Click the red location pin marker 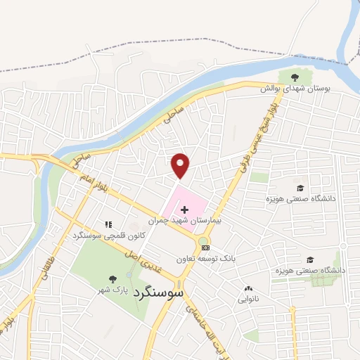pyautogui.click(x=181, y=165)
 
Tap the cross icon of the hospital pyautogui.click(x=185, y=210)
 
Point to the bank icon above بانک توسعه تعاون pyautogui.click(x=205, y=247)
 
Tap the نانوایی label pyautogui.click(x=248, y=299)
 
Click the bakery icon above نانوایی pyautogui.click(x=248, y=288)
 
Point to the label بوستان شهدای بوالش pyautogui.click(x=295, y=89)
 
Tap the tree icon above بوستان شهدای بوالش pyautogui.click(x=294, y=77)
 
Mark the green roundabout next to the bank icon pyautogui.click(x=203, y=241)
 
